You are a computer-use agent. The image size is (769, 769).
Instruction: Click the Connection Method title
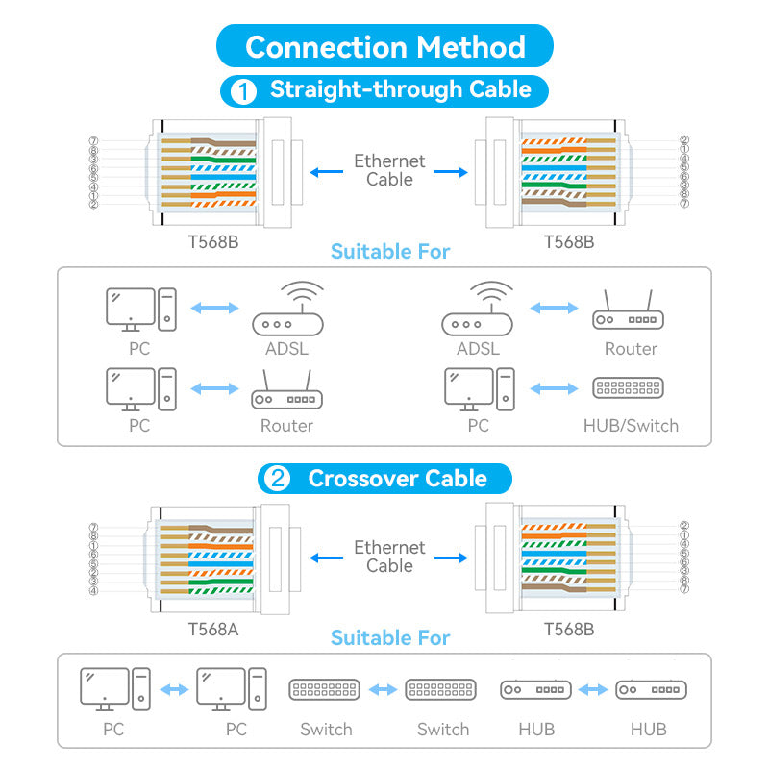[x=384, y=46]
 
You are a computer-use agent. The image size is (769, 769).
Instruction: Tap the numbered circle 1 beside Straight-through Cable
[x=244, y=91]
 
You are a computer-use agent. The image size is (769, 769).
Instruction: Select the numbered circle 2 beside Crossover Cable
[x=277, y=479]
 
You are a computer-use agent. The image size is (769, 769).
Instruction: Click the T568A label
[x=212, y=630]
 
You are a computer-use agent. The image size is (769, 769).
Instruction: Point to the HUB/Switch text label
[x=631, y=425]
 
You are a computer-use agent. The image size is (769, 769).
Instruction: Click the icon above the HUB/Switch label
[x=629, y=388]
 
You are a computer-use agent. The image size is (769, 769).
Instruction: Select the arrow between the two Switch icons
[x=383, y=689]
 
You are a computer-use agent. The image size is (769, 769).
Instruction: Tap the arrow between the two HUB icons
[x=593, y=689]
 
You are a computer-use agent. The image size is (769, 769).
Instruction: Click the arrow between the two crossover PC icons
[x=174, y=689]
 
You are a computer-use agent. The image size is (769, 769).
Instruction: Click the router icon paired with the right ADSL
[x=629, y=315]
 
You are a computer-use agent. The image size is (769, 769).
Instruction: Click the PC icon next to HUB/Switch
[x=479, y=386]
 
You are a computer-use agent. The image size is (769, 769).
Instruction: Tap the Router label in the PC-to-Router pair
[x=286, y=425]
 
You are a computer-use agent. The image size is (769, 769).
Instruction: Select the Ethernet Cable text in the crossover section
[x=389, y=557]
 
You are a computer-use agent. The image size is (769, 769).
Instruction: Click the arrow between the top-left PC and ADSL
[x=214, y=309]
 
